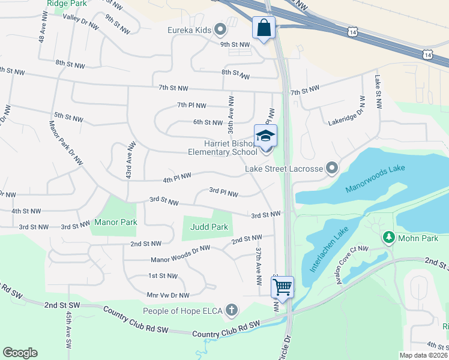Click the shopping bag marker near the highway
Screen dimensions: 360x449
[264, 28]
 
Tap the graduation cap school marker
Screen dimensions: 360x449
[265, 136]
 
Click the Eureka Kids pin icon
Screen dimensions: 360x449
[220, 29]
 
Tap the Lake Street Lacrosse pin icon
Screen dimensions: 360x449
[331, 169]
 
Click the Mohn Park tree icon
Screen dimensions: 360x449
[388, 238]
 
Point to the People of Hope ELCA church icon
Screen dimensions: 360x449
[231, 310]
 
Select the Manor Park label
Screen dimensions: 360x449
[116, 222]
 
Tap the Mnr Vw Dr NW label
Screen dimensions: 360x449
[168, 295]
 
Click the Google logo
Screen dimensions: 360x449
[20, 353]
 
